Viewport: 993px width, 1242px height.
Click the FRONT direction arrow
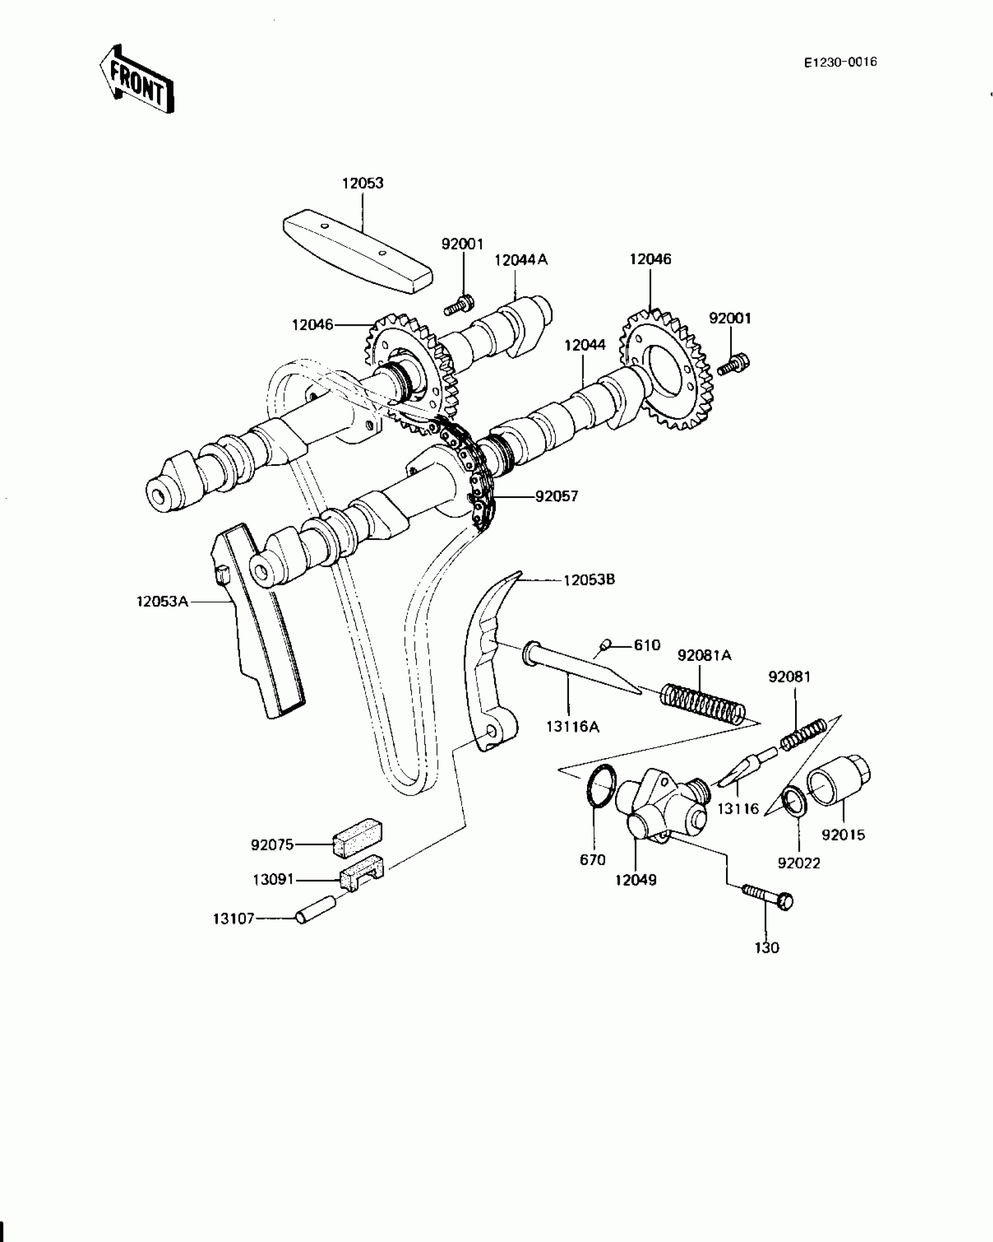point(136,79)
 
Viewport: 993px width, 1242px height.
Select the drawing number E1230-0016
point(840,63)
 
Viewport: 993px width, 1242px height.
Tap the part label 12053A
point(162,601)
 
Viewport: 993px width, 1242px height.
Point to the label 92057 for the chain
point(557,496)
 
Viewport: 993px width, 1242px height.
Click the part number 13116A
point(572,726)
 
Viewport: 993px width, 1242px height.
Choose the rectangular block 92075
point(357,838)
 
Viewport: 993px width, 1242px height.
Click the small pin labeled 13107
point(315,910)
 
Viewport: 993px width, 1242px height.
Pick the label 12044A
point(521,260)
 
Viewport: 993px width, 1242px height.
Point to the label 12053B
point(589,580)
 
